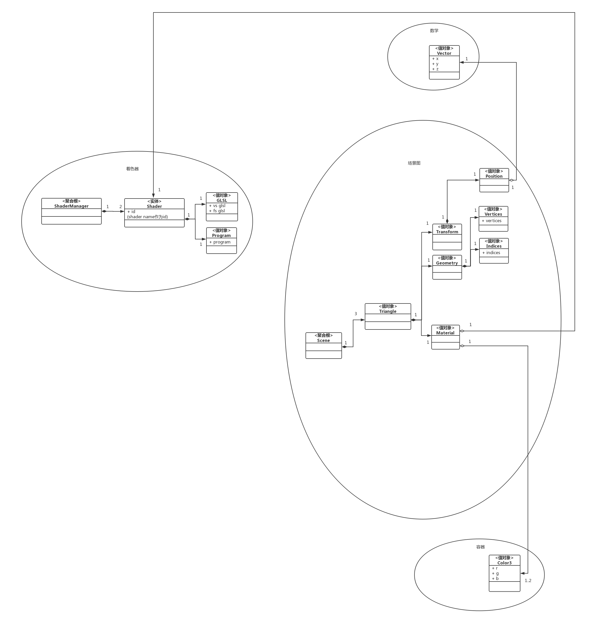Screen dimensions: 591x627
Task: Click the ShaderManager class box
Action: [71, 211]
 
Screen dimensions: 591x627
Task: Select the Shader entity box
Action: [154, 213]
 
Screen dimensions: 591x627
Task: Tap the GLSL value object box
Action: [222, 207]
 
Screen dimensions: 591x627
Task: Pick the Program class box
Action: [221, 240]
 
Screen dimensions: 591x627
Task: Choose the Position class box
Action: [494, 180]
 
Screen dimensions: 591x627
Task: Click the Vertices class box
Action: [493, 219]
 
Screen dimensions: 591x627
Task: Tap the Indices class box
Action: [493, 250]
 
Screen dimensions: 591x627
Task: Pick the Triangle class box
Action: [387, 316]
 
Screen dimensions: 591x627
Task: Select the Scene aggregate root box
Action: [323, 345]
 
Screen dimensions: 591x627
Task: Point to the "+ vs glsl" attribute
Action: [217, 206]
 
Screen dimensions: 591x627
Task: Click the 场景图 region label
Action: [414, 163]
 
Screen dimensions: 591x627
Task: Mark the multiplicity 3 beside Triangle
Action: [356, 313]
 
